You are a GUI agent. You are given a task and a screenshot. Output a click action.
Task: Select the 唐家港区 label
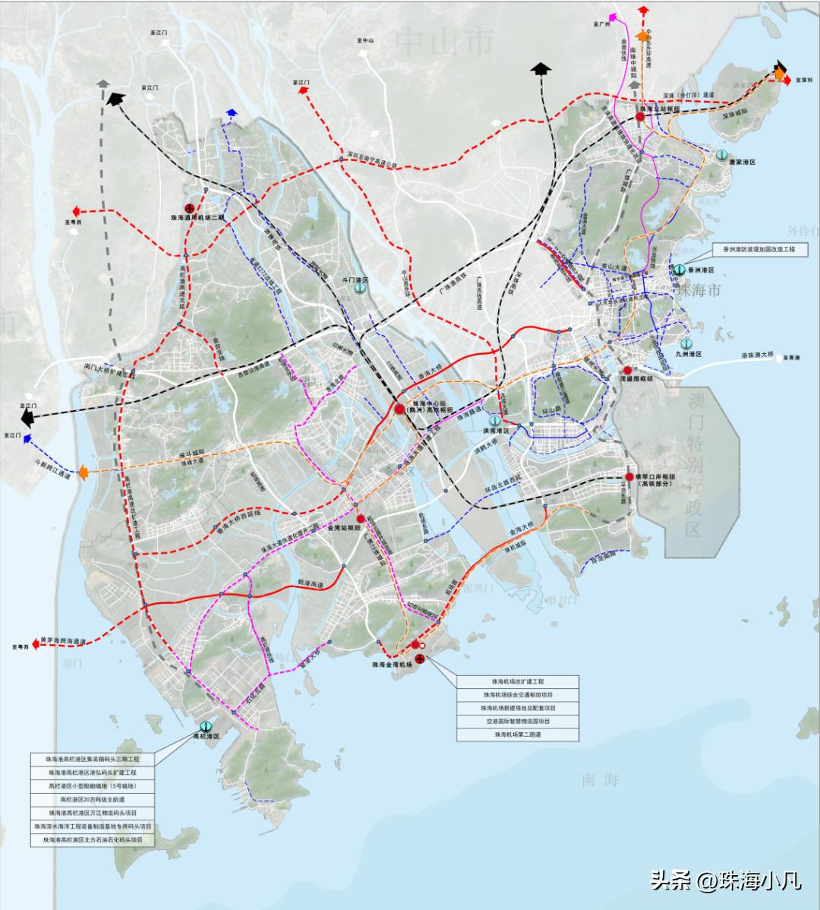[x=743, y=163]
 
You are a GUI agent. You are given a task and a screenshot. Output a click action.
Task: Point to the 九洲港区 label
[x=687, y=354]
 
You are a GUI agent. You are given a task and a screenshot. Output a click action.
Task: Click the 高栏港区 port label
[x=205, y=737]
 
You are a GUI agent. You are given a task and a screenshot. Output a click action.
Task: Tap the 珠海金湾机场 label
[x=392, y=664]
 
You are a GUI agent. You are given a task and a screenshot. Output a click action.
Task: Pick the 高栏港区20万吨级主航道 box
[x=92, y=800]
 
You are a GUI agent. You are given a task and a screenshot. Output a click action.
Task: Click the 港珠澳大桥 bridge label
[x=757, y=355]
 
